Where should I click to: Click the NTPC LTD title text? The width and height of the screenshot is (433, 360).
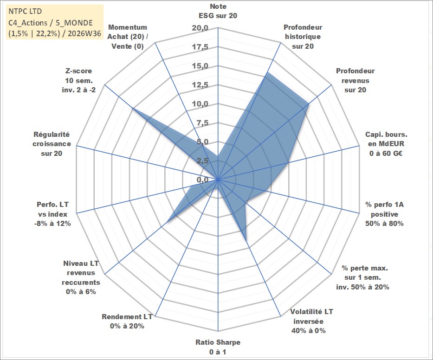pos(25,11)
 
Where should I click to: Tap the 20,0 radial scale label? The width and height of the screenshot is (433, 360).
pos(200,28)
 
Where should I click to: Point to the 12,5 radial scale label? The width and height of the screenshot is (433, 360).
pos(200,85)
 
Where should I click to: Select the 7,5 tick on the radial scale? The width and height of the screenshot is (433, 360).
pos(202,123)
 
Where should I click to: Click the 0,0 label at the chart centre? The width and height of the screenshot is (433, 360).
pos(202,180)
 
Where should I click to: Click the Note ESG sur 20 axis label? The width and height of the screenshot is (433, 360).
pos(218,11)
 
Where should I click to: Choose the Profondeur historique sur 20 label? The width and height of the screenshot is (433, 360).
pos(303,37)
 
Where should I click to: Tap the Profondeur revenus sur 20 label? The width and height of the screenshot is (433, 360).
pos(355,80)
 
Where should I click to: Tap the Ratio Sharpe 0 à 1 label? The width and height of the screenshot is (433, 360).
pos(218,347)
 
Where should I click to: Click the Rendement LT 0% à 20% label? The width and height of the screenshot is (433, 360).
pos(127,321)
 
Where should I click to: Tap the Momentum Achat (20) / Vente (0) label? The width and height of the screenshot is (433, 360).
pos(128,37)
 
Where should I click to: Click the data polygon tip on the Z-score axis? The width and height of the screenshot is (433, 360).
pos(133,108)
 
